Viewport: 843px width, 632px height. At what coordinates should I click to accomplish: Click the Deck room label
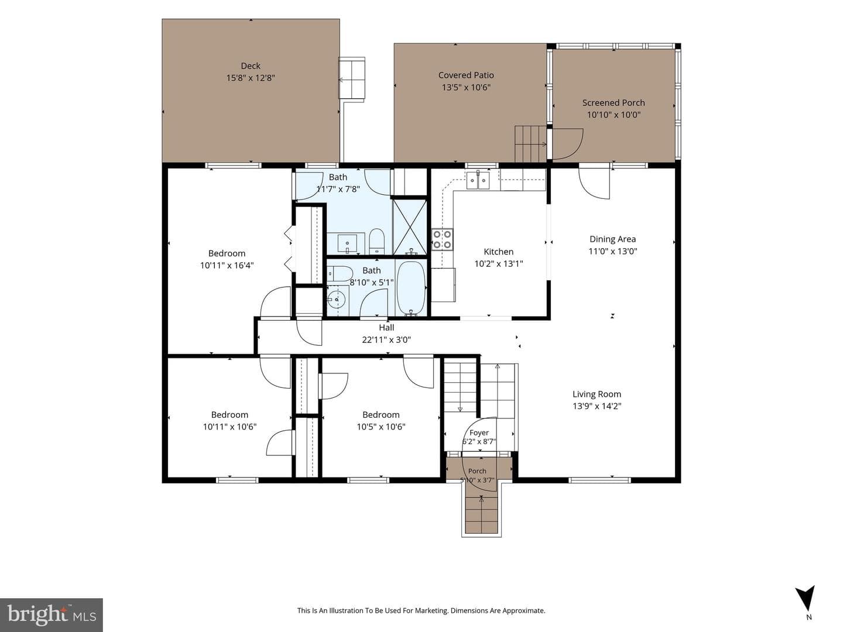251,66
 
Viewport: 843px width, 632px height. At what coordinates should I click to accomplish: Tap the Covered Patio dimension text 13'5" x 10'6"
466,88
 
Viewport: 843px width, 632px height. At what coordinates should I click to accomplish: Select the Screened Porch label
614,103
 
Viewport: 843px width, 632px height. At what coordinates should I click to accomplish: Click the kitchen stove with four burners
442,239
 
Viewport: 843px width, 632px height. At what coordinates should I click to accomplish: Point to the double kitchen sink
478,180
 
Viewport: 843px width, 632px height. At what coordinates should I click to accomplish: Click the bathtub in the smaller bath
411,288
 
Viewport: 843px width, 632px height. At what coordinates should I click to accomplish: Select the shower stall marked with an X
410,226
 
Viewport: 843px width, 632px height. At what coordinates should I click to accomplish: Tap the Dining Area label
612,239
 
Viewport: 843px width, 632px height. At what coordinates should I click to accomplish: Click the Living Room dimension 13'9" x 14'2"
597,406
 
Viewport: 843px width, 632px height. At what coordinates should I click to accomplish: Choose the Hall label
386,328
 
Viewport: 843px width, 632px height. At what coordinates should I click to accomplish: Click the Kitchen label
499,252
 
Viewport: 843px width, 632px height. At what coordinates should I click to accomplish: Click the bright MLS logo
52,614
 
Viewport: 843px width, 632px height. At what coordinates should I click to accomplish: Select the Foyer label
479,433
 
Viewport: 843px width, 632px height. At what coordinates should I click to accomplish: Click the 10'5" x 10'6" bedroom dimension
381,427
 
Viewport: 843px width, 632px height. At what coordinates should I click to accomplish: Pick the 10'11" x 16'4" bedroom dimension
227,266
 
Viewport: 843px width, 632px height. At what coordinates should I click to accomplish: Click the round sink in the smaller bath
336,299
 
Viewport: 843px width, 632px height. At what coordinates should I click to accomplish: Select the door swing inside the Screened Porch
568,143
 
